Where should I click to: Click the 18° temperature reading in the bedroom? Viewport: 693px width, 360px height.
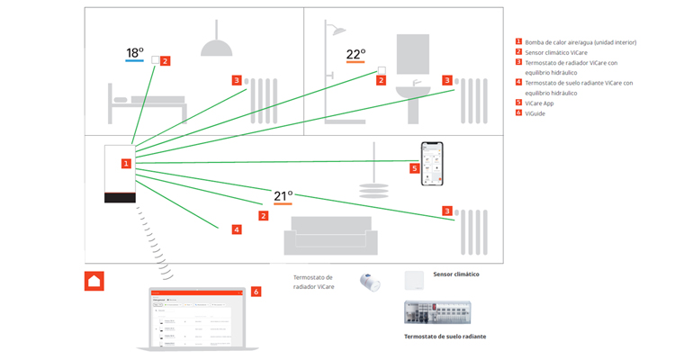[x=134, y=52]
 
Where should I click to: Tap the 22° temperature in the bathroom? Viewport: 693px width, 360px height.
[x=356, y=54]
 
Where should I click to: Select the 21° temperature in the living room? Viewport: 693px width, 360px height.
[x=283, y=195]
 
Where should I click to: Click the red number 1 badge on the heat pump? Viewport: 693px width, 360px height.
[x=126, y=164]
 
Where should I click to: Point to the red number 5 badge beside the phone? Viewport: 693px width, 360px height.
[x=415, y=168]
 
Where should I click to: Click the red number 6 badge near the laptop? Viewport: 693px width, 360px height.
[x=256, y=292]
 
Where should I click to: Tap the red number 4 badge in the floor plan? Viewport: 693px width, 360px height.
[x=237, y=229]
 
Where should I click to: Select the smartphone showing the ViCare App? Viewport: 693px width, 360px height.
[x=434, y=163]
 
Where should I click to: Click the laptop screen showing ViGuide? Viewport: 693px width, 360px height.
[x=195, y=317]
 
